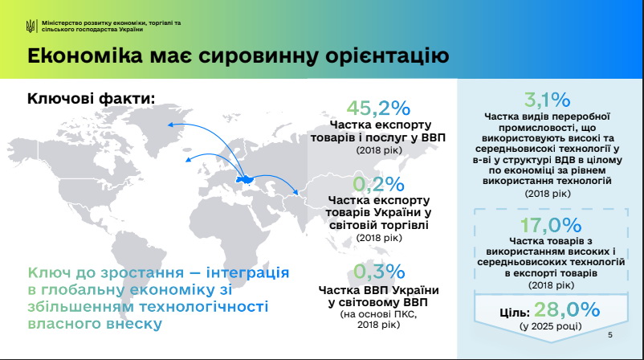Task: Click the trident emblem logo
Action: coord(31,27)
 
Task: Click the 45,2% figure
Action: coord(378,108)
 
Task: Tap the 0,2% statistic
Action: coord(378,184)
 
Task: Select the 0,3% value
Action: coord(379,272)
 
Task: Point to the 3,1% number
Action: coord(547,100)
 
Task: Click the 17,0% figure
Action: coord(551,225)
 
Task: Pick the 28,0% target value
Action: coord(567,309)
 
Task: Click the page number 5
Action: coord(610,335)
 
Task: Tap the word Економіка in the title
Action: coord(85,56)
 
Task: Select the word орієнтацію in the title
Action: coord(387,56)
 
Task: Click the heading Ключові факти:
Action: coord(92,99)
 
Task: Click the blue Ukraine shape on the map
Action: coord(245,180)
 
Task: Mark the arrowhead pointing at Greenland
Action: coord(170,125)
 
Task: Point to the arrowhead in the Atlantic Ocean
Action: coord(188,159)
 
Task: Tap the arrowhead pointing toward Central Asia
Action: coord(295,191)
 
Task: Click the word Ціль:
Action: coord(515,313)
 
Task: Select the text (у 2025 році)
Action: coord(551,326)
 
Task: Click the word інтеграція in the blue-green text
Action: coord(247,272)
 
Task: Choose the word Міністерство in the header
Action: coord(62,23)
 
